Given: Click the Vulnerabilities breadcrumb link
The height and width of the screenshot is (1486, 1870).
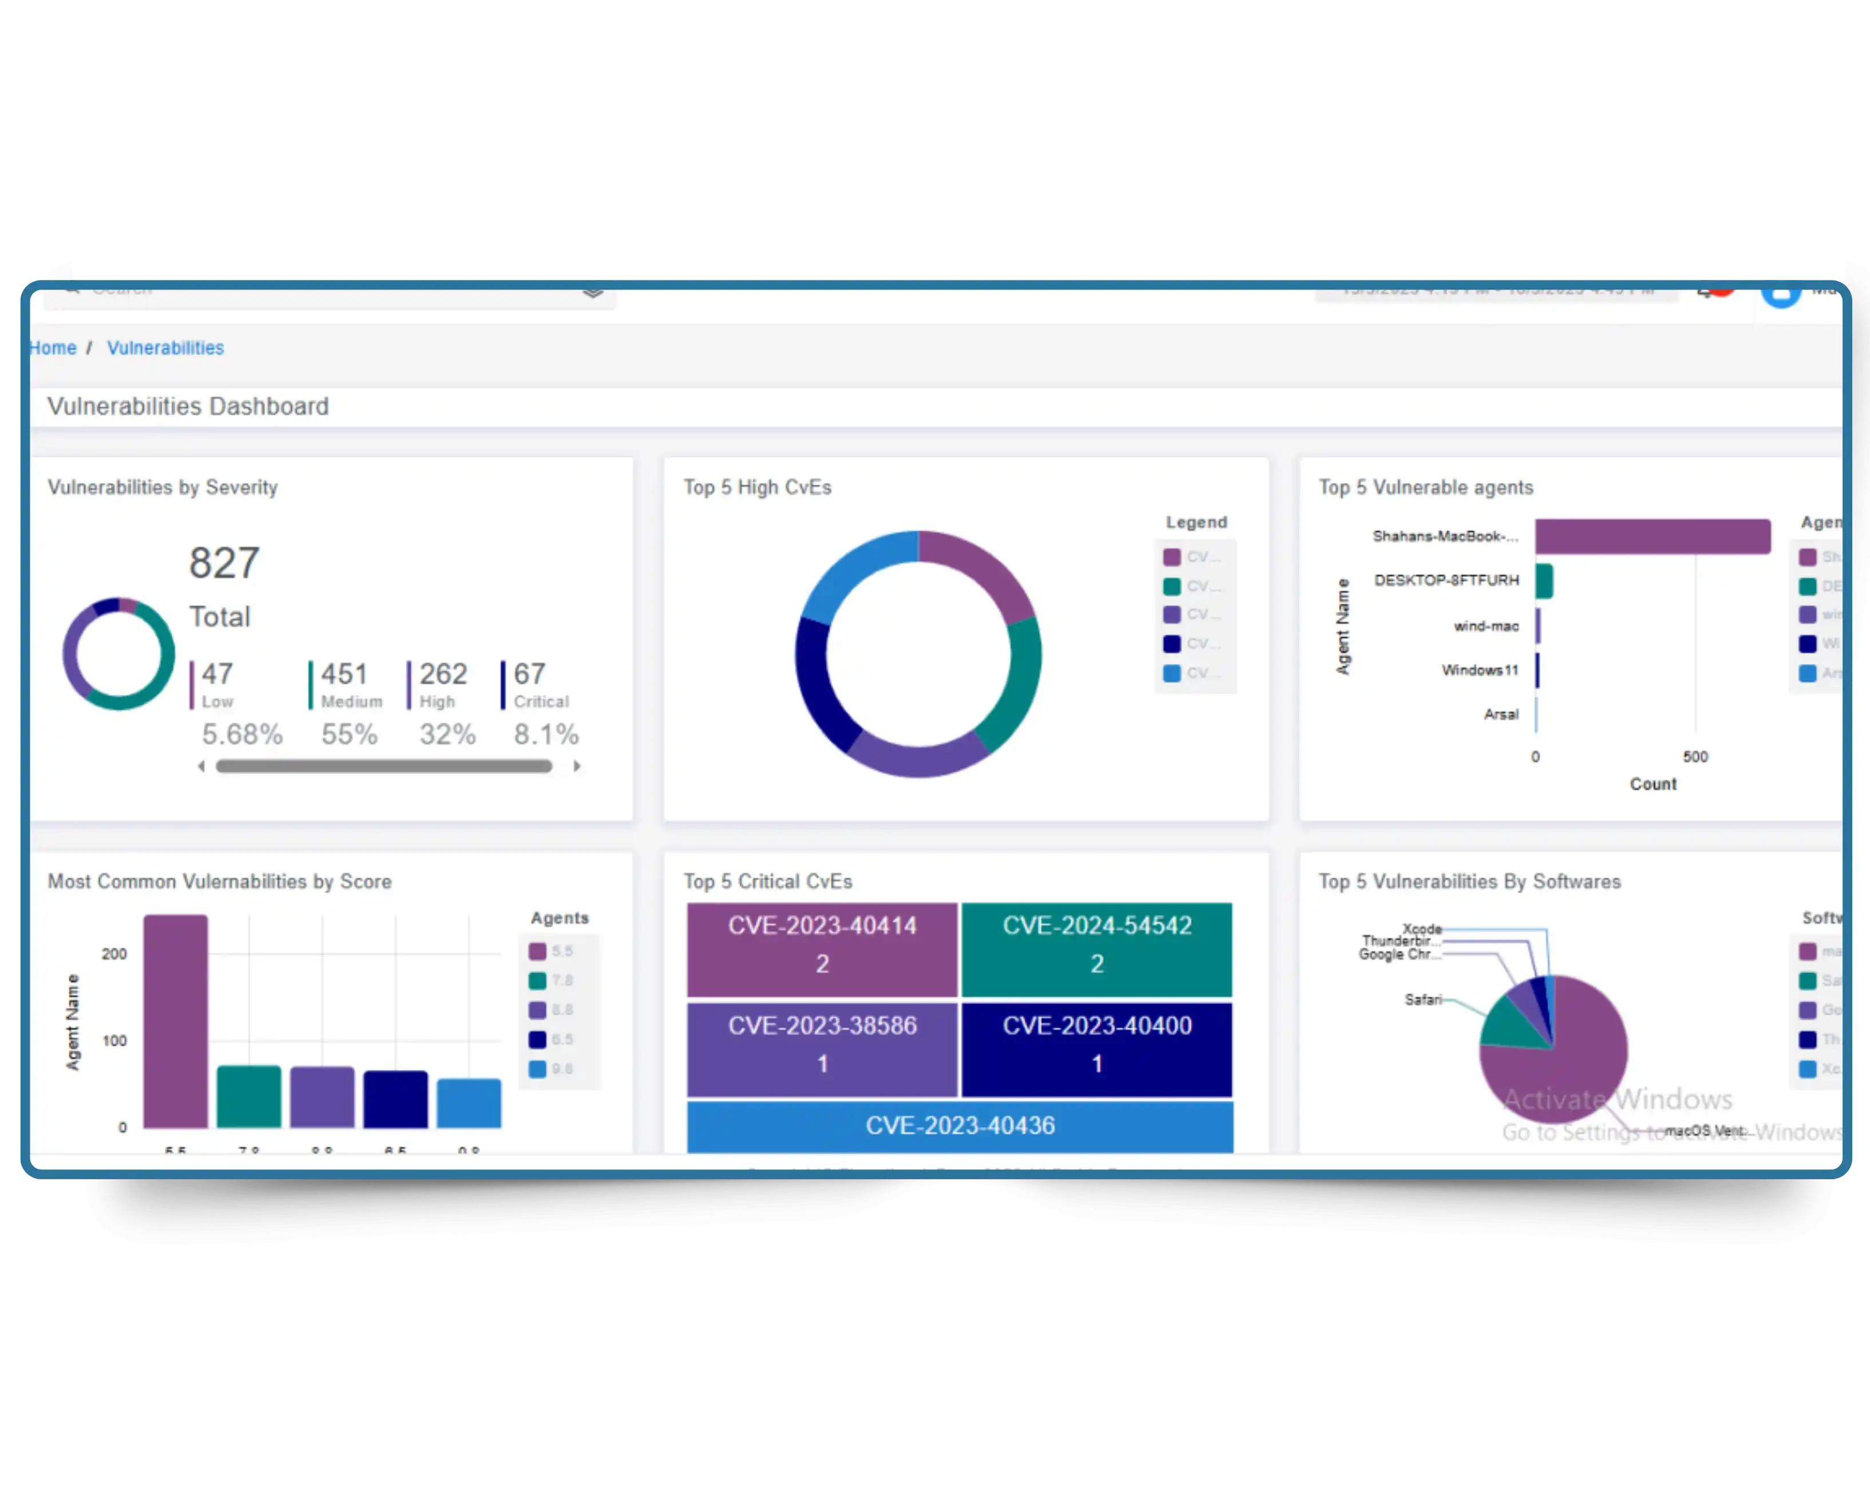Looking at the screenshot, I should click(x=165, y=348).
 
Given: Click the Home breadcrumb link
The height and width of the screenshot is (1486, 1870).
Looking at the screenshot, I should click(x=53, y=348).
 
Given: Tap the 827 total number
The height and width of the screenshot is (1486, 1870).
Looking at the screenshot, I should click(x=224, y=563).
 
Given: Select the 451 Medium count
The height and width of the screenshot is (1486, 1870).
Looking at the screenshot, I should click(x=344, y=674).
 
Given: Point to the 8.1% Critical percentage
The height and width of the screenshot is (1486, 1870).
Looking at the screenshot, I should click(x=545, y=735).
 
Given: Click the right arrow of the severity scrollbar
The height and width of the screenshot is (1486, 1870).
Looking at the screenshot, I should click(x=577, y=766).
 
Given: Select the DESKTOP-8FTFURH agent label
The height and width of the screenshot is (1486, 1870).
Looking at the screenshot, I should click(x=1446, y=580).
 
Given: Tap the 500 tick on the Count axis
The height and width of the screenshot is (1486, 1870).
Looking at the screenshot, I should click(x=1695, y=756).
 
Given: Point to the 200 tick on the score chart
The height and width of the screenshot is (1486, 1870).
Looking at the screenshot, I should click(x=114, y=954).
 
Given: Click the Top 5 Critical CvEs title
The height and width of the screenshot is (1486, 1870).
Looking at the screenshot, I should click(x=767, y=882).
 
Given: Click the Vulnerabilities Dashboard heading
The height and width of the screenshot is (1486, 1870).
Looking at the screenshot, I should click(x=187, y=406).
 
